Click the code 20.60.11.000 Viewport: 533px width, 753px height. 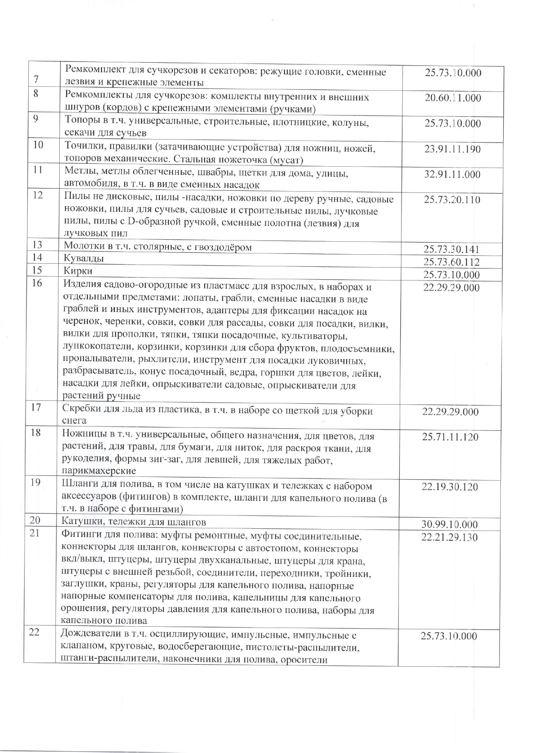(453, 98)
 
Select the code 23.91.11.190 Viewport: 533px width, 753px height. (453, 149)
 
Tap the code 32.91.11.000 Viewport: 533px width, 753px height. (452, 175)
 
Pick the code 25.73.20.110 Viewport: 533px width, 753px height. (452, 200)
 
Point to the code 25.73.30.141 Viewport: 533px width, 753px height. (451, 249)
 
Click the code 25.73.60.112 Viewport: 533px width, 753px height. (451, 262)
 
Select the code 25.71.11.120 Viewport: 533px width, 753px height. (450, 437)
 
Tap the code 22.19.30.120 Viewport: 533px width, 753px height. (450, 487)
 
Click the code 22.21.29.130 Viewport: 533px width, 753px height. (449, 537)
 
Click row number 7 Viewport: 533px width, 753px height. (36, 79)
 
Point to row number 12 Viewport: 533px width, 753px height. (38, 195)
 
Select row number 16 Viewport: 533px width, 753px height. (37, 284)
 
